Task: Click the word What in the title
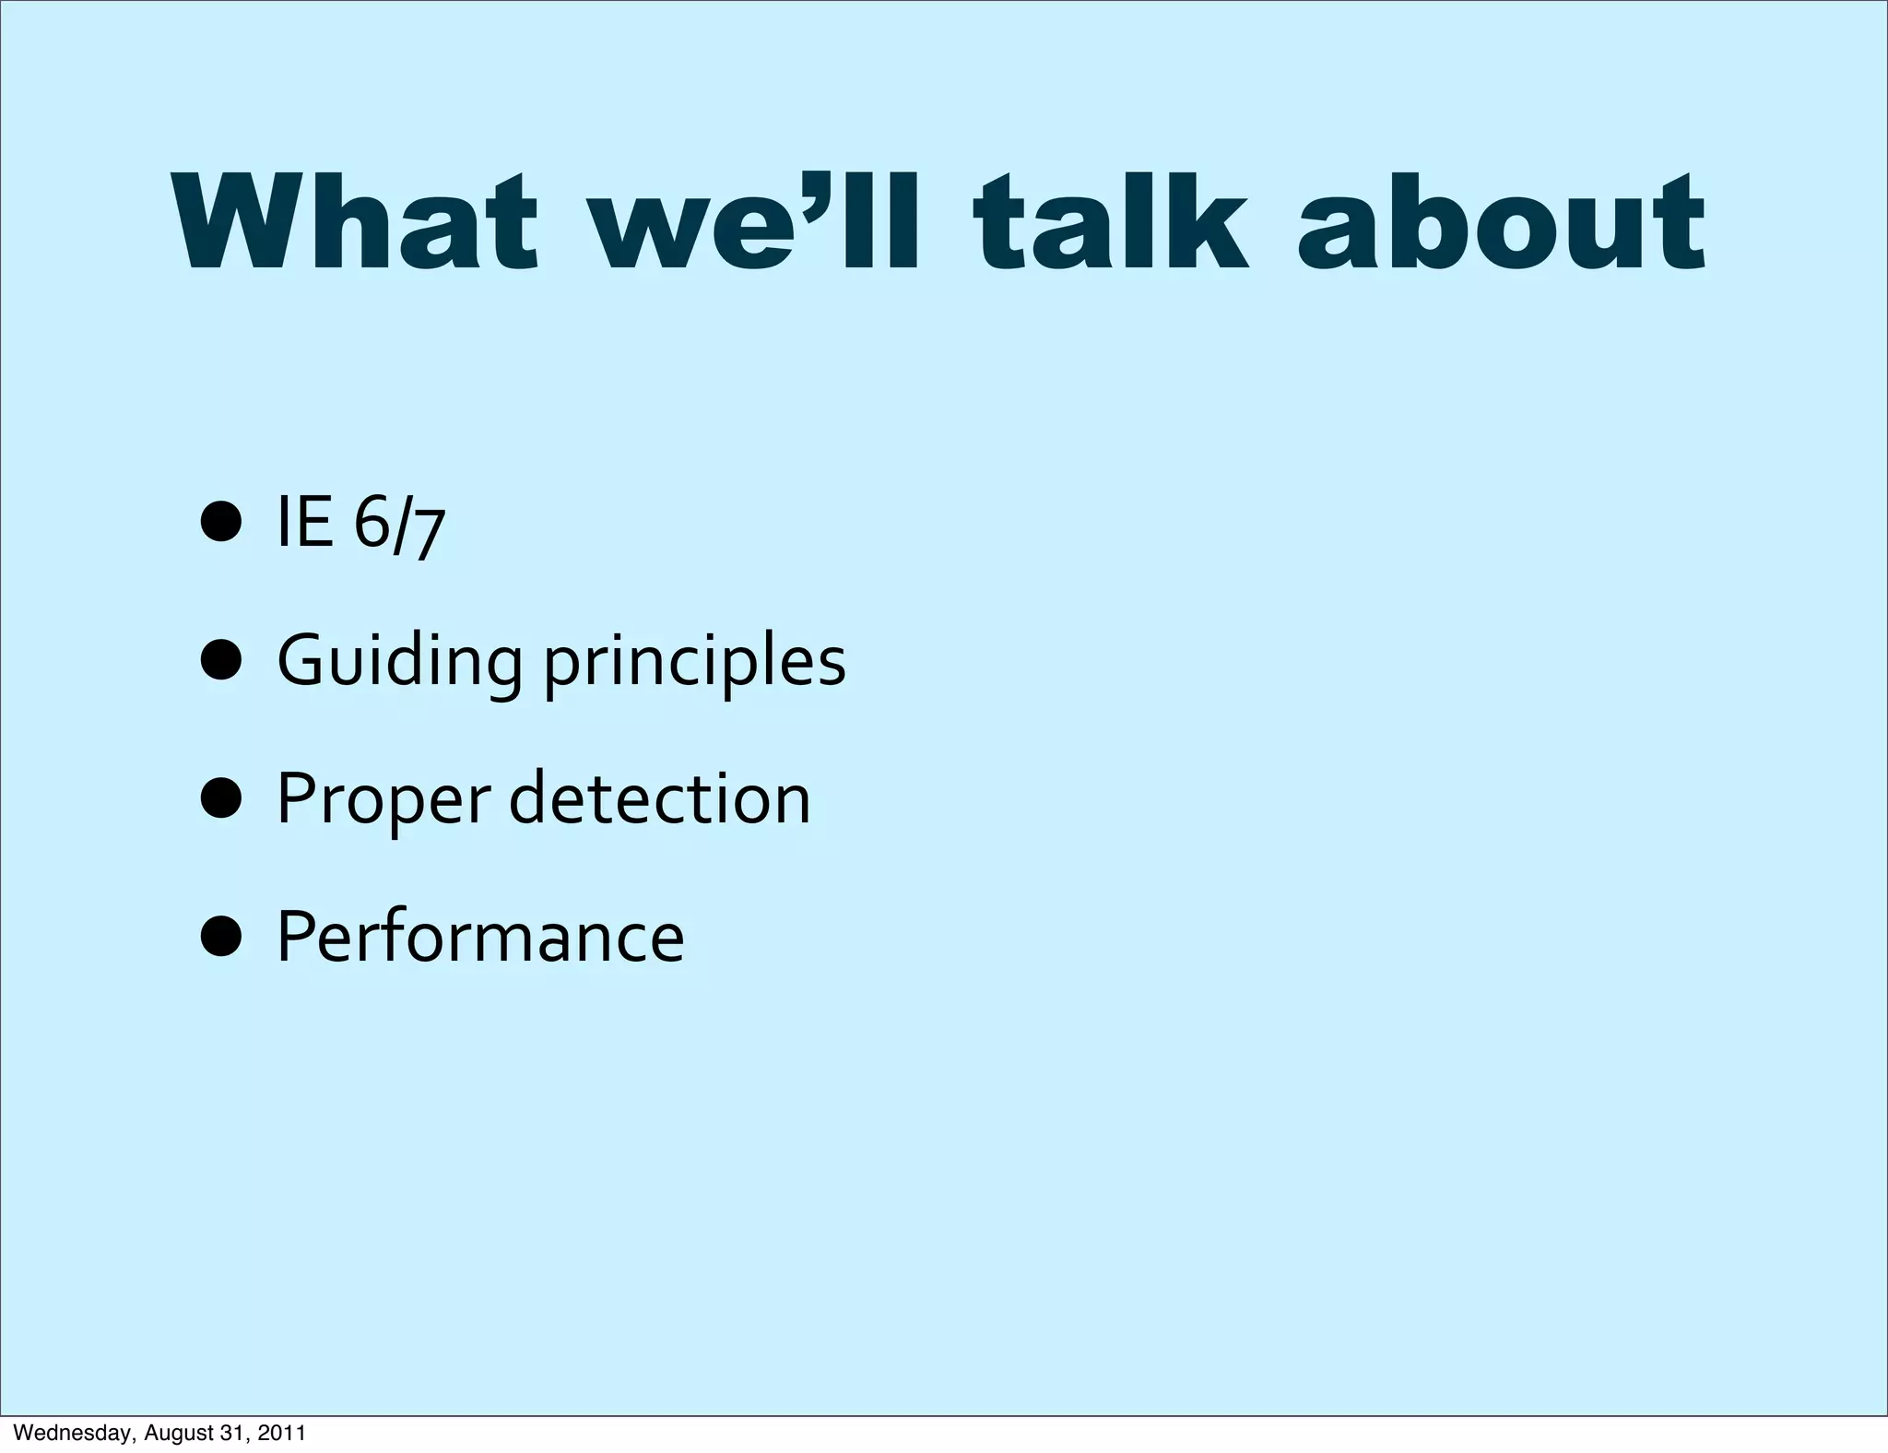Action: pos(355,223)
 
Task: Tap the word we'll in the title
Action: pos(756,223)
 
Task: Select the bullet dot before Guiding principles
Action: pos(221,661)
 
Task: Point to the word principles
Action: pos(694,662)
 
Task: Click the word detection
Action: pos(659,797)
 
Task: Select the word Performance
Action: pos(480,936)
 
